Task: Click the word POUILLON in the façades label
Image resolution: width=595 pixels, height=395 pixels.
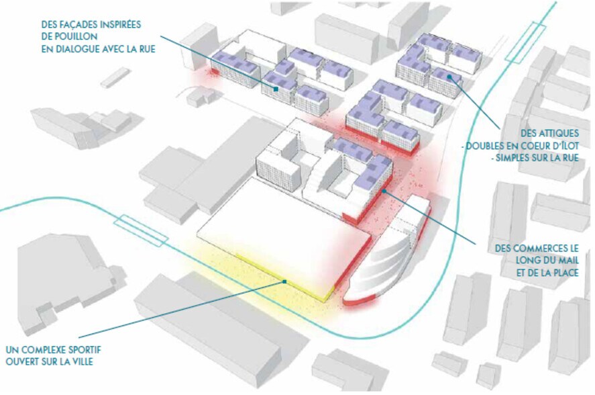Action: pos(74,37)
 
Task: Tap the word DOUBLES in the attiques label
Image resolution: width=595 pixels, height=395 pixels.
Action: pos(488,146)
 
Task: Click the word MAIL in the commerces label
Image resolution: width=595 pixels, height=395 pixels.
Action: pos(567,261)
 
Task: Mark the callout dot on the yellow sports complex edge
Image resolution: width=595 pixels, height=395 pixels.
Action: pos(284,281)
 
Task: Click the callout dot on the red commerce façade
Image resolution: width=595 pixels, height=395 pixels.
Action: pos(384,191)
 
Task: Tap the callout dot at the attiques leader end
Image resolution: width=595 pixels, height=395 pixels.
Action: pos(449,77)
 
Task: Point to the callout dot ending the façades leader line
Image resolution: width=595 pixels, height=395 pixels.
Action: pos(276,89)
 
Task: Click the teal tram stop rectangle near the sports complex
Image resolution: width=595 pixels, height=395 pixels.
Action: pos(140,230)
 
